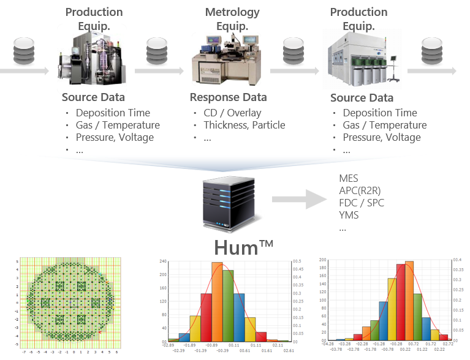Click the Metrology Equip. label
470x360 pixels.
pos(232,19)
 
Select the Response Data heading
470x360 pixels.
pos(228,97)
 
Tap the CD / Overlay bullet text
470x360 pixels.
pos(232,113)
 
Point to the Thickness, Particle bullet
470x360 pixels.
pos(244,125)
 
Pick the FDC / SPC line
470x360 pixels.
pos(362,203)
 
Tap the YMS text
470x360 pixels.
pos(348,215)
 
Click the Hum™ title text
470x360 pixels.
pos(243,247)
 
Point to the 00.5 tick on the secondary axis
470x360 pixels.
pos(296,261)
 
